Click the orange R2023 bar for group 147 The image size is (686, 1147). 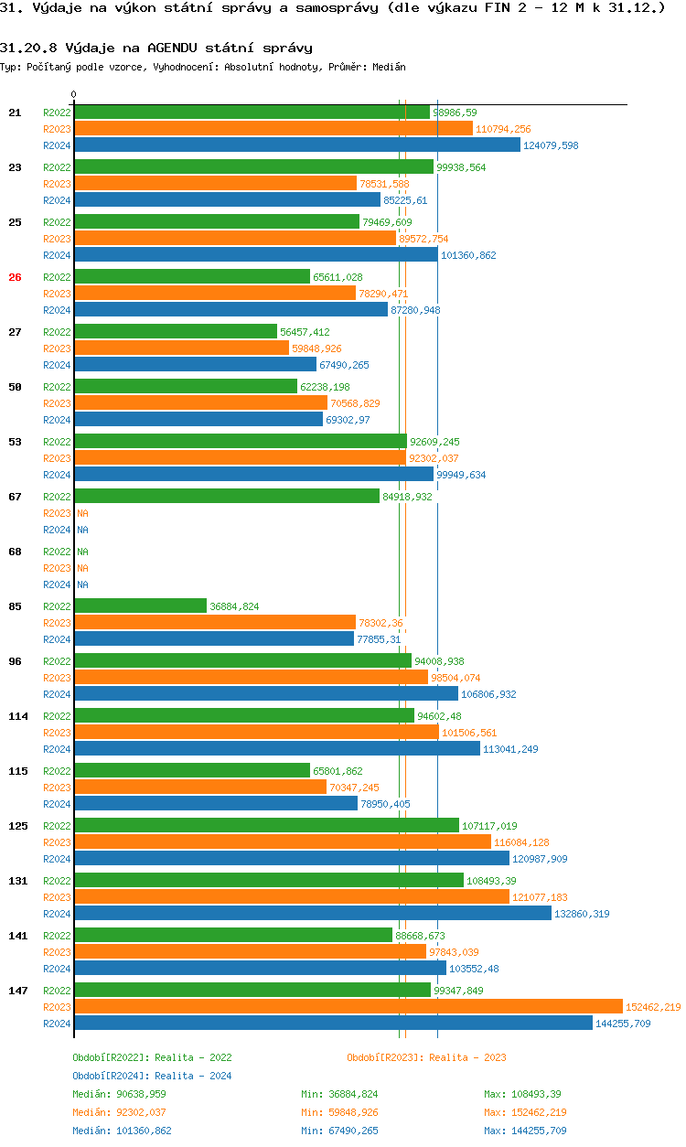[x=348, y=1006]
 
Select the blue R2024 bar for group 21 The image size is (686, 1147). [x=296, y=145]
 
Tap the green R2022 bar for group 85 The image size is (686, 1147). [x=140, y=606]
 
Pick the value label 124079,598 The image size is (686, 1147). [x=551, y=145]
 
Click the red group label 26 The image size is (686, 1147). [x=15, y=277]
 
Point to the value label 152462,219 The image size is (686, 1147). [x=653, y=1007]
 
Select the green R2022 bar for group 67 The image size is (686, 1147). [x=226, y=496]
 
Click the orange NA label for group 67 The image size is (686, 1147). [x=82, y=513]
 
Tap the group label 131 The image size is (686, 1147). [x=17, y=881]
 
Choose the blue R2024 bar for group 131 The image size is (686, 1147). [x=312, y=913]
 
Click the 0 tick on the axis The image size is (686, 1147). [x=74, y=94]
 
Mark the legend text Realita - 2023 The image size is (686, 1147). [x=467, y=1057]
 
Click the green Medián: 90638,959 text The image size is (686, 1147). [x=119, y=1094]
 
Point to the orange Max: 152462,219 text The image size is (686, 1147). [x=525, y=1112]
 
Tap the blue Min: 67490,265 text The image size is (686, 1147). [x=339, y=1131]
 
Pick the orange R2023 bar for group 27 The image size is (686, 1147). [x=181, y=348]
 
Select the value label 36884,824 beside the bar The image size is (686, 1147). [x=234, y=606]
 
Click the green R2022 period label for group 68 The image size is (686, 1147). [x=57, y=552]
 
